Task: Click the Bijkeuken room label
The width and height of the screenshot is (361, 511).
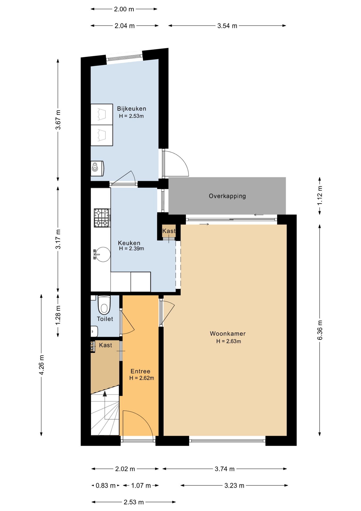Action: pyautogui.click(x=132, y=109)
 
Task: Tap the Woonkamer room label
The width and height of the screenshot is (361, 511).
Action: pyautogui.click(x=228, y=333)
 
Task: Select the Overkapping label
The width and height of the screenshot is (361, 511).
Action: pyautogui.click(x=227, y=196)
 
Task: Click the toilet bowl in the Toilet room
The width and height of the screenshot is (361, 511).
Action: pyautogui.click(x=104, y=305)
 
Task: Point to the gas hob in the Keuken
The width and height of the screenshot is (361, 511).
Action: pyautogui.click(x=102, y=218)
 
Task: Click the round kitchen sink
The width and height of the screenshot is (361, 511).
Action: pyautogui.click(x=102, y=254)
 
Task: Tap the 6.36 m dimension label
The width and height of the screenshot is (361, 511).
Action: pyautogui.click(x=320, y=330)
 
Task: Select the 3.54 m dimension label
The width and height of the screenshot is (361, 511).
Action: pyautogui.click(x=227, y=26)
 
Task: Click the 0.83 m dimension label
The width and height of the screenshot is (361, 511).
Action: pyautogui.click(x=106, y=486)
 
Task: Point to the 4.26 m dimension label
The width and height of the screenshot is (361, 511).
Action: pyautogui.click(x=41, y=365)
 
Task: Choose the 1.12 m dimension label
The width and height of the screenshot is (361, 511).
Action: pyautogui.click(x=320, y=196)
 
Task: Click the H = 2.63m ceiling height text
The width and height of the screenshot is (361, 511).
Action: pyautogui.click(x=229, y=341)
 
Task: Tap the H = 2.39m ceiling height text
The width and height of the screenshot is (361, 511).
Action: pyautogui.click(x=132, y=249)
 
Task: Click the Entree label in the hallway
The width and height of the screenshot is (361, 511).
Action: pyautogui.click(x=140, y=371)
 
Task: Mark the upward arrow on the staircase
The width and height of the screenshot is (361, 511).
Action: pyautogui.click(x=105, y=394)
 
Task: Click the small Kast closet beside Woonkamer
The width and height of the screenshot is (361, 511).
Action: pyautogui.click(x=169, y=231)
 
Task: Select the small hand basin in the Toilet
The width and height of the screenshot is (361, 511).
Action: pyautogui.click(x=94, y=331)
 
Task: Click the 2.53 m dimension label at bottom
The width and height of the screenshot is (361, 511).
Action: pyautogui.click(x=134, y=502)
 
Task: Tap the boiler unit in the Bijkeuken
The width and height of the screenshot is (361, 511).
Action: pyautogui.click(x=97, y=168)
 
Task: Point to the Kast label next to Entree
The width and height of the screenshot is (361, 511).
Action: pyautogui.click(x=106, y=345)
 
